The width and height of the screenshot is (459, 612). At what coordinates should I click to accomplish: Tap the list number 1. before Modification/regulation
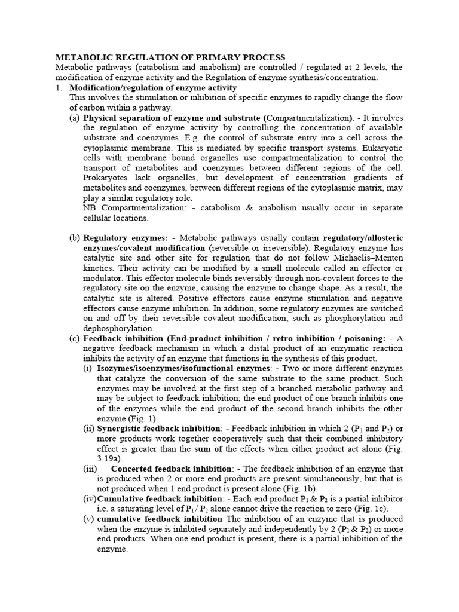click(59, 87)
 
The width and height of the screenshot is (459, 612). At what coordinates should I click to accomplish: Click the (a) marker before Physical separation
click(75, 118)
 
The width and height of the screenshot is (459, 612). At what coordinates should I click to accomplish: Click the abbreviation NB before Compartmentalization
click(90, 208)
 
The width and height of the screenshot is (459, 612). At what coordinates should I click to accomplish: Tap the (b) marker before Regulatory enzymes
click(75, 238)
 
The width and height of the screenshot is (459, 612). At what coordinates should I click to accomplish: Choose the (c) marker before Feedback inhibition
click(75, 338)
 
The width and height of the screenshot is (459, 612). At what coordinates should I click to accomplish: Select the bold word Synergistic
click(124, 429)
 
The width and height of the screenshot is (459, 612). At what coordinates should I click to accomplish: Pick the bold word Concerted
click(131, 469)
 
